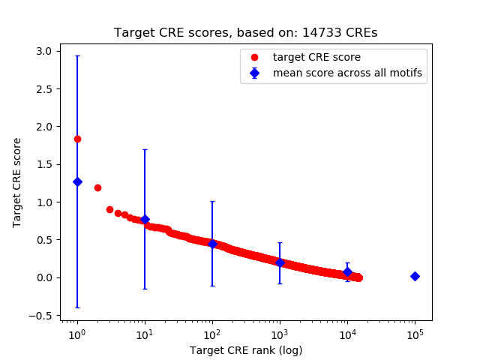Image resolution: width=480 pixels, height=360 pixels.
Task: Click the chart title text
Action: [x=245, y=33]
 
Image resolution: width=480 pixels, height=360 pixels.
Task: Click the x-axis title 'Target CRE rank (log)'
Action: [x=245, y=349]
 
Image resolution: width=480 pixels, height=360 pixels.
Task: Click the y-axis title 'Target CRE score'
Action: [x=17, y=183]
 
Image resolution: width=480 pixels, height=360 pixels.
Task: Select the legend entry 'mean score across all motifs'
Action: [x=347, y=73]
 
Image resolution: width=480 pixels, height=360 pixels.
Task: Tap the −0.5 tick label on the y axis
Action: [x=42, y=315]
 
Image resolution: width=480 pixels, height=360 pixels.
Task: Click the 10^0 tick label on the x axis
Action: [x=76, y=334]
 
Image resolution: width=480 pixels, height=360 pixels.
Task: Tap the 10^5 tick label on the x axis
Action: [x=415, y=334]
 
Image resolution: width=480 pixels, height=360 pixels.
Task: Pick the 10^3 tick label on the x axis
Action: [x=280, y=334]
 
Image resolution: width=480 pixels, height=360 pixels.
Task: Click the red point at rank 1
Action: [x=77, y=139]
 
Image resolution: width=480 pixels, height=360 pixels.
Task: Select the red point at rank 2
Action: [x=97, y=187]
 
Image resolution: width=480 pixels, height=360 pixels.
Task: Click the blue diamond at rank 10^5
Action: [x=415, y=276]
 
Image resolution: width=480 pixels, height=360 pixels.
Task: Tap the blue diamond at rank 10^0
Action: [x=77, y=181]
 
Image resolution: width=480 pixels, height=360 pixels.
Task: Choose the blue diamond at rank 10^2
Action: [x=212, y=244]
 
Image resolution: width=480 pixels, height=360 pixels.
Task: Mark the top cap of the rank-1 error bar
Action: [x=77, y=55]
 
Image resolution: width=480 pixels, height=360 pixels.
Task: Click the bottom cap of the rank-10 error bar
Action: [x=145, y=289]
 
